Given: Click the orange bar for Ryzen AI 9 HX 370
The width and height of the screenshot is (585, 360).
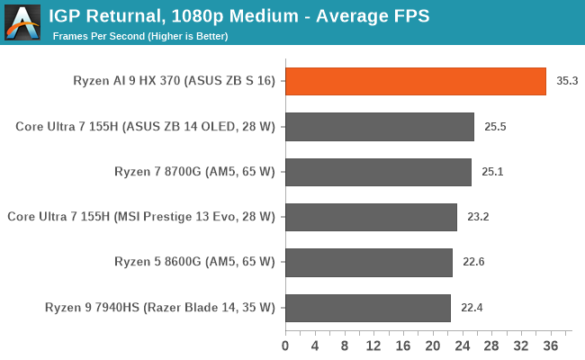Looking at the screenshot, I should click(416, 81).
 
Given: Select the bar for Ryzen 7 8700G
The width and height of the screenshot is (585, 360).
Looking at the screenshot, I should click(379, 172).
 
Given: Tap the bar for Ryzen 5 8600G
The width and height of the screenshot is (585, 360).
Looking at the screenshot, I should click(369, 263).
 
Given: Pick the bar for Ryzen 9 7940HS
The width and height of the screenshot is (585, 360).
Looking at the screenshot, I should click(368, 308).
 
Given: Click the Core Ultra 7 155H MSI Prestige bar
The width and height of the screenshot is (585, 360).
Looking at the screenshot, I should click(372, 217).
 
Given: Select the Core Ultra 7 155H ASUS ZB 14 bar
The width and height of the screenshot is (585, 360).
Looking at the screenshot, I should click(380, 127).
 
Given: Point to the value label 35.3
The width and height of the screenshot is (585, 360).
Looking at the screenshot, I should click(567, 81).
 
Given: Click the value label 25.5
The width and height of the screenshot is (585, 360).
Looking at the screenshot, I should click(495, 127).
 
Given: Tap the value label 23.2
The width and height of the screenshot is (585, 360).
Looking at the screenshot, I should click(478, 217).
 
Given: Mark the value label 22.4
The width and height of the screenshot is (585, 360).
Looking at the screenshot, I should click(472, 308).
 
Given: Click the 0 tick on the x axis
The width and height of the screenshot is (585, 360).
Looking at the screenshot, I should click(285, 345).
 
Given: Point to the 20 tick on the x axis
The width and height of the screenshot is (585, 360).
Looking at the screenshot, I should click(433, 345).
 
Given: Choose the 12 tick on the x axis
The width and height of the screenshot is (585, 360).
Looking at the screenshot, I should click(373, 345).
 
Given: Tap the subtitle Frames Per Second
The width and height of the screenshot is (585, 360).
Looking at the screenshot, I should click(140, 36).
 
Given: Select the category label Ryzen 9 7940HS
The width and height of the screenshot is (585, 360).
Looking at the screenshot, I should click(159, 308).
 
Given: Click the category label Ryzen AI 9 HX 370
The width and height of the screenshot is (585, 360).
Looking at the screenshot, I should click(174, 81).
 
